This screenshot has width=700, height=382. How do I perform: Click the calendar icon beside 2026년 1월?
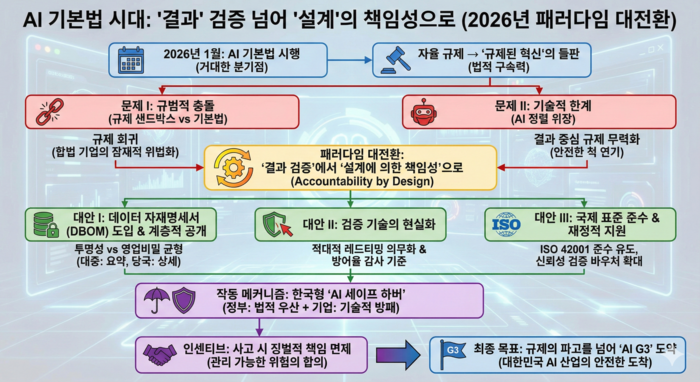pos(131,60)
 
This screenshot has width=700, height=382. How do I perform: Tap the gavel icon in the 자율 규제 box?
pos(391,60)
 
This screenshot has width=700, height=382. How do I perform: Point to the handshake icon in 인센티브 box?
pos(164,352)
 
